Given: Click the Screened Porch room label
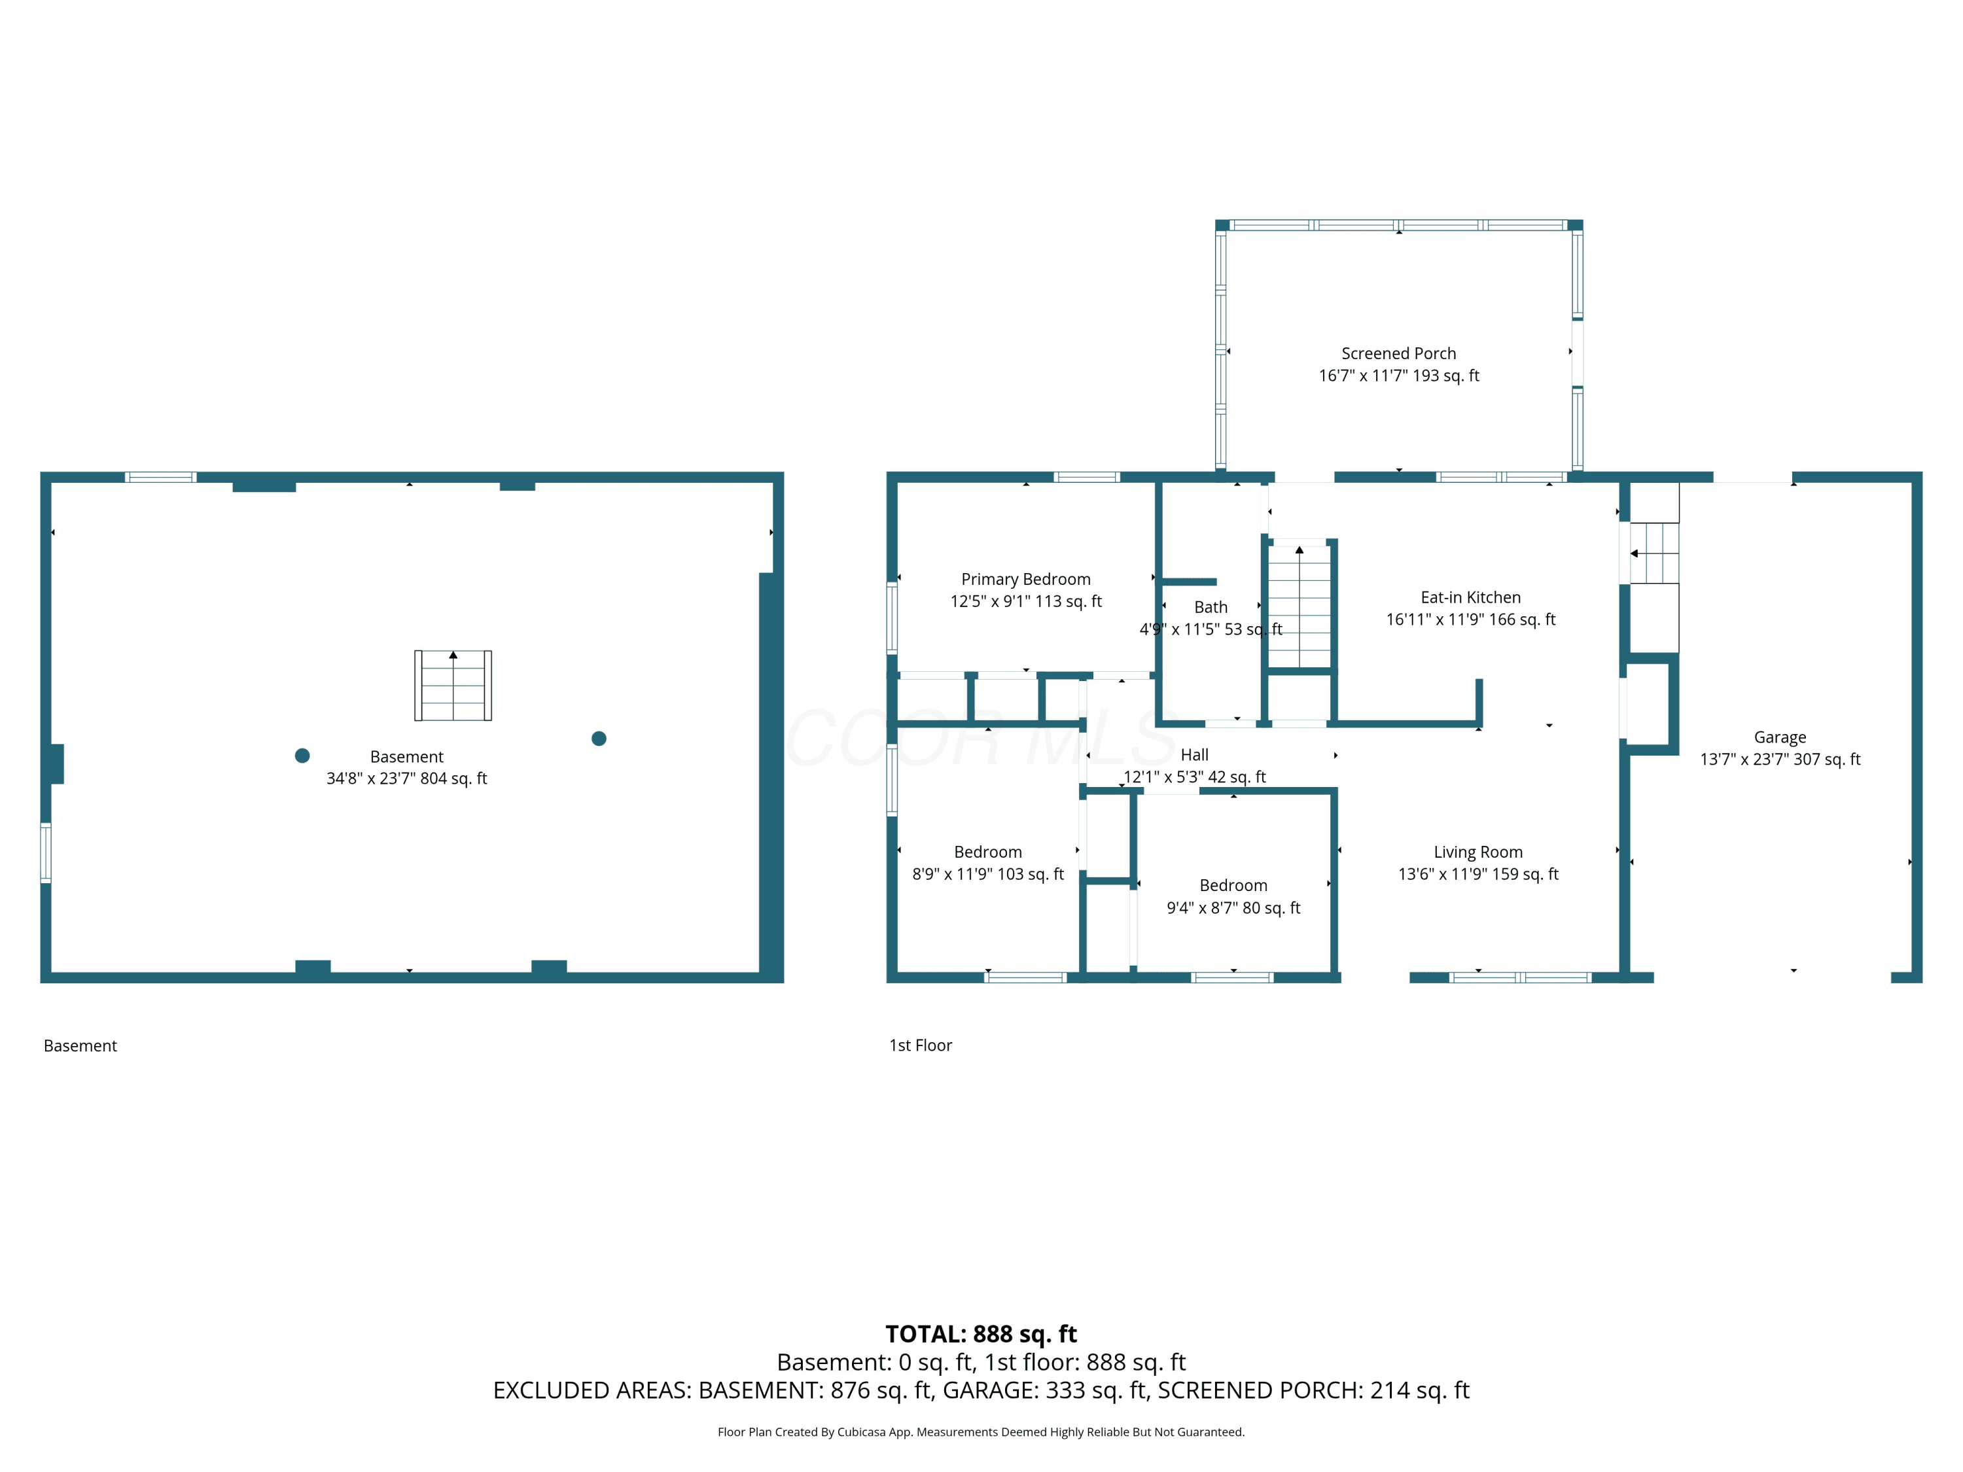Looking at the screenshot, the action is click(x=1398, y=353).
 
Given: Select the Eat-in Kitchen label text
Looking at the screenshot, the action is click(x=1470, y=597).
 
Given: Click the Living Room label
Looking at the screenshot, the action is click(x=1477, y=852).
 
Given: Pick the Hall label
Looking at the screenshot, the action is click(x=1194, y=755).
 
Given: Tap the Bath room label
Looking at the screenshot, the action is click(x=1211, y=607).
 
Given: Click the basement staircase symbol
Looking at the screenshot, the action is click(x=453, y=685).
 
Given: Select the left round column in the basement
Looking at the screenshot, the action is click(x=302, y=755).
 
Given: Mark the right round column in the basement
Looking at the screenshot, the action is click(x=599, y=738).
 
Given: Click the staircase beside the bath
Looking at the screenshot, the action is click(x=1300, y=605).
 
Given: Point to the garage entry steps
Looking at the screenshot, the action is click(x=1654, y=553).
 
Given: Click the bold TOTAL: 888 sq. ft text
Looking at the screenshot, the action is click(x=981, y=1333).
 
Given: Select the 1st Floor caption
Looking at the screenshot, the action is click(x=920, y=1045).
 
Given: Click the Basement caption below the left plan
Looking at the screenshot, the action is click(x=80, y=1046).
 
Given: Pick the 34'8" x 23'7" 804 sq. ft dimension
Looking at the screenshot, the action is click(x=406, y=778).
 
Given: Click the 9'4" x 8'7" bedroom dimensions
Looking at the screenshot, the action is click(x=1233, y=907).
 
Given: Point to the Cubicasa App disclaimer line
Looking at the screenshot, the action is click(x=981, y=1432).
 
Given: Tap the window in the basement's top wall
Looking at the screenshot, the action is click(x=160, y=478).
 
